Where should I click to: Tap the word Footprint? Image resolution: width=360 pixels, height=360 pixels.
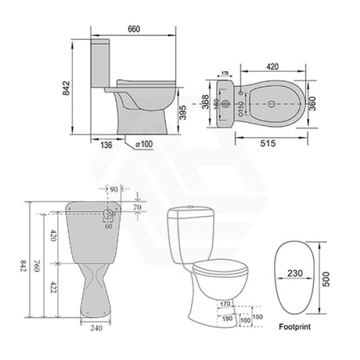click(297, 329)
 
